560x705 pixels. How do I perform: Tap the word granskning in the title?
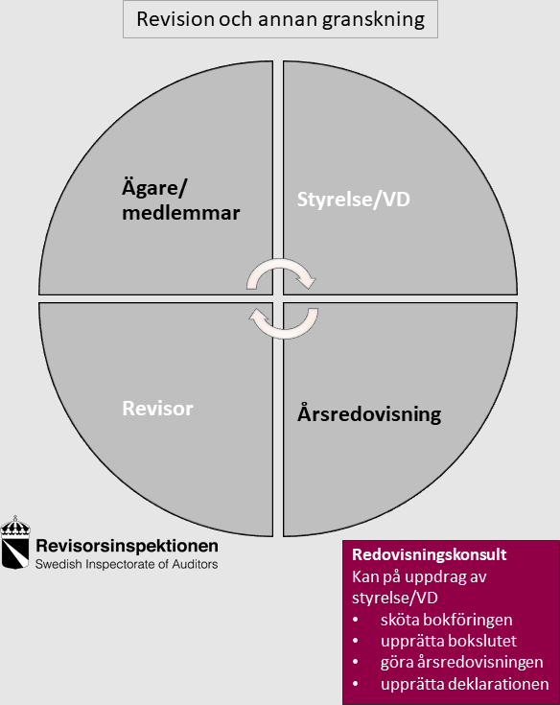(374, 20)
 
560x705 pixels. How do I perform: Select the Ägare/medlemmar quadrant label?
(180, 200)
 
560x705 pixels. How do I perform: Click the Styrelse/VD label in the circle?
(354, 200)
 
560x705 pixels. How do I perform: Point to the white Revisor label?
(158, 409)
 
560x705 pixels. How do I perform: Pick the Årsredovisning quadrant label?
(369, 413)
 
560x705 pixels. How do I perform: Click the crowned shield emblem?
(15, 542)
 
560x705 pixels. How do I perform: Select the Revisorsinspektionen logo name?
(128, 546)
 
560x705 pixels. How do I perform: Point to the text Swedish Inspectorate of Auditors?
(127, 564)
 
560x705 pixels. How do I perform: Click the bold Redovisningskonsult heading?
(430, 554)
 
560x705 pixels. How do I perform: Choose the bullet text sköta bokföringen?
(446, 620)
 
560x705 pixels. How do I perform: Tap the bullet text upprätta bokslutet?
(449, 641)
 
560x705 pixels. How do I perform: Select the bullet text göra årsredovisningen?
(462, 662)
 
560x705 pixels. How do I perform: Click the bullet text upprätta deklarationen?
(465, 684)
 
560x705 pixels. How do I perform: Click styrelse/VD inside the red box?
(395, 598)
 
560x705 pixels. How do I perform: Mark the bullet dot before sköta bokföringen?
(356, 620)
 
